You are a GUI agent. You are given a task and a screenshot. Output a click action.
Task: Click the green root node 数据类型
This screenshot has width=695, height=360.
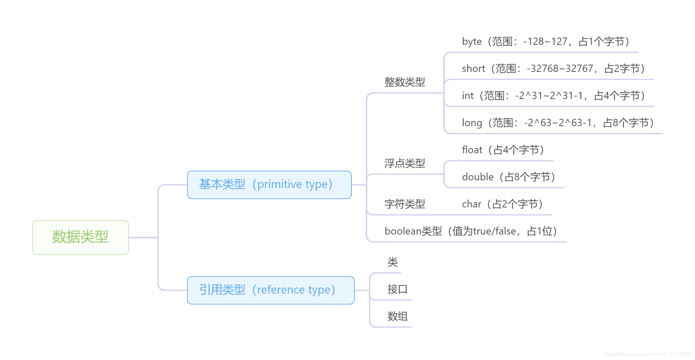(81, 237)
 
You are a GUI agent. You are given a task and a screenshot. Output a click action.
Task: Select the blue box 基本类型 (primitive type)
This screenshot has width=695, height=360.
(269, 185)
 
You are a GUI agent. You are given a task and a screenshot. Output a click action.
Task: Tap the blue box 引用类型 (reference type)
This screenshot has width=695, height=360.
(271, 290)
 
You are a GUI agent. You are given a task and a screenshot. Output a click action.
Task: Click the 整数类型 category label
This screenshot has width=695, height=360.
(404, 82)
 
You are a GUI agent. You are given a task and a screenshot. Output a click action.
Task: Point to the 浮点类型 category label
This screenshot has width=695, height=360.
(404, 163)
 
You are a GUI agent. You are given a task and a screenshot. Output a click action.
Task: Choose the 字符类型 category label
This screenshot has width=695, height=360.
(404, 204)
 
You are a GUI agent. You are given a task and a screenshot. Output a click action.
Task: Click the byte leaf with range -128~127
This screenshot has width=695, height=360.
(545, 42)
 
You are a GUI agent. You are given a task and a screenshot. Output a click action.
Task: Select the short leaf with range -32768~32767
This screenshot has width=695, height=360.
(553, 69)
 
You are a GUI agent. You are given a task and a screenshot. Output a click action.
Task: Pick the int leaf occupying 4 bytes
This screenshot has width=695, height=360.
(553, 96)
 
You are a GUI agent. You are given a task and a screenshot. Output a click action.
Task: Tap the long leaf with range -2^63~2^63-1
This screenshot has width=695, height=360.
(557, 123)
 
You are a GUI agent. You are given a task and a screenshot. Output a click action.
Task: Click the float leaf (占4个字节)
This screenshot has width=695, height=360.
(502, 150)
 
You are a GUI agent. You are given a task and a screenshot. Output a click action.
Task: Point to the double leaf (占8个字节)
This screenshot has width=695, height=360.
(508, 177)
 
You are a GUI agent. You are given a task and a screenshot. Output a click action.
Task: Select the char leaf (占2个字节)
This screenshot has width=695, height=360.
(502, 204)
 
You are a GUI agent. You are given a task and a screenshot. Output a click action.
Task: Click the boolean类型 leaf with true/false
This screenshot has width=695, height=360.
(470, 231)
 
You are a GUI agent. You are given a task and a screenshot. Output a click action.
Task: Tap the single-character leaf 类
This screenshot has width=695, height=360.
(392, 262)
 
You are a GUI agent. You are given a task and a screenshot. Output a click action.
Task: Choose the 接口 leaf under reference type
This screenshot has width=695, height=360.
(397, 289)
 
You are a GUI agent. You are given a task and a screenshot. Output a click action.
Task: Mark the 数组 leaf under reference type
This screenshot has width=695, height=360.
(397, 316)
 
